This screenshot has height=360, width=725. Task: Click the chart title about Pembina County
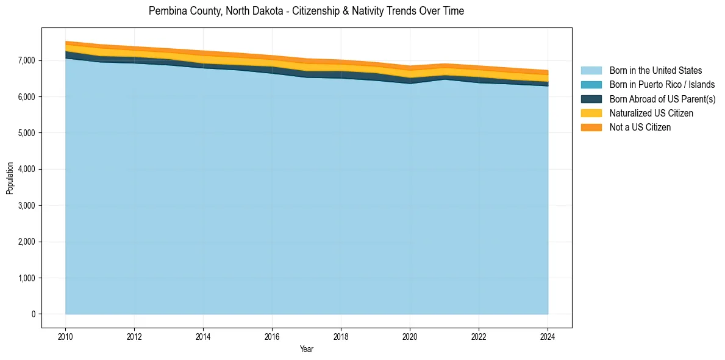click(x=306, y=11)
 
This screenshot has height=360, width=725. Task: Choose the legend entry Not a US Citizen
click(x=640, y=127)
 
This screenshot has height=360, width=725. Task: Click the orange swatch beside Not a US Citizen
click(x=591, y=127)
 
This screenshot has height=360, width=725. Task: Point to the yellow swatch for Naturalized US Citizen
click(x=591, y=113)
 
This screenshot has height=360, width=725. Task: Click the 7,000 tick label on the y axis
click(x=26, y=60)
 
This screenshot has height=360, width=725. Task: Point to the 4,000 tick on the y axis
click(x=26, y=169)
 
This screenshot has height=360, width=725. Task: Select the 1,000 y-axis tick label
click(x=26, y=278)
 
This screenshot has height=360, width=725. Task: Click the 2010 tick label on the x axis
click(x=65, y=336)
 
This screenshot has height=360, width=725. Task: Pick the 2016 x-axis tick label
click(x=272, y=336)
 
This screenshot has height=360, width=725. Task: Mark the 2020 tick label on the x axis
click(x=410, y=336)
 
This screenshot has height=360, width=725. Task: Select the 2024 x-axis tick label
click(x=548, y=336)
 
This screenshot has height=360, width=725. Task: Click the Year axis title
click(x=307, y=349)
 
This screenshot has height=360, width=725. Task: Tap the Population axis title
click(x=10, y=178)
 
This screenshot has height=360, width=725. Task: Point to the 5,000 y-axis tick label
click(x=26, y=133)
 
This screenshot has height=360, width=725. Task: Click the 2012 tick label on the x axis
click(x=134, y=336)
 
